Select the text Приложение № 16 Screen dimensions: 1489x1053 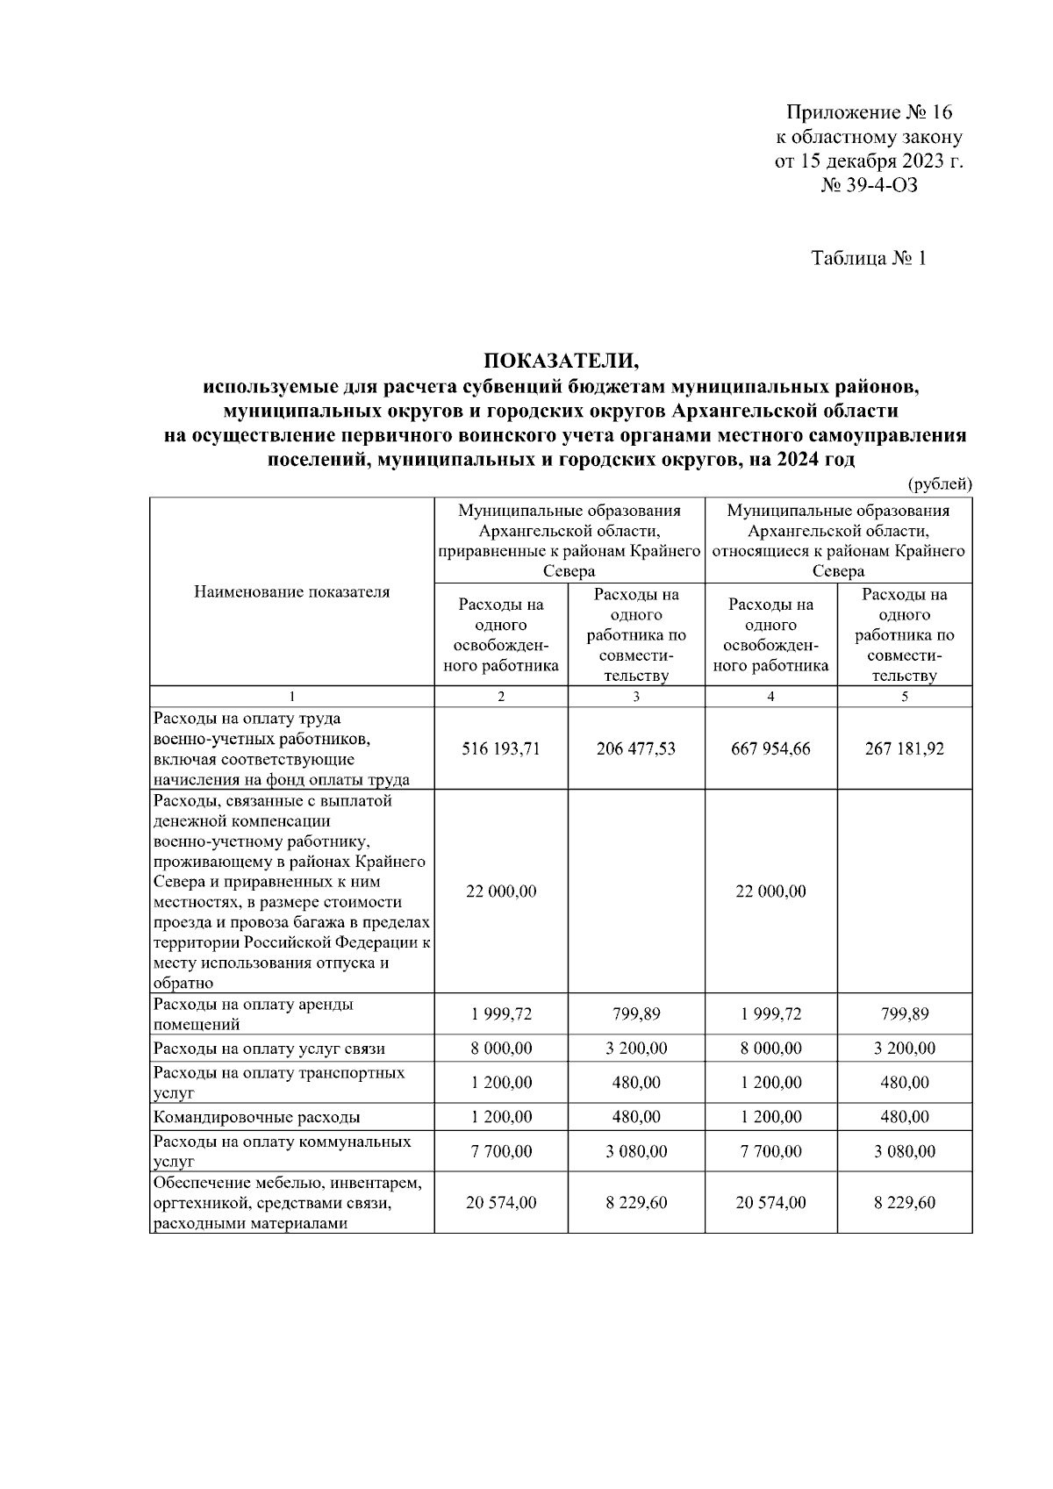869,113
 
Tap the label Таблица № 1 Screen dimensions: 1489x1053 869,259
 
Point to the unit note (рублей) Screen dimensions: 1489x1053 939,483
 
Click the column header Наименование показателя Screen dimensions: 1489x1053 291,591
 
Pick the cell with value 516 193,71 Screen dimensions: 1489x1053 501,748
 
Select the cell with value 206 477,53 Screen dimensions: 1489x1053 636,748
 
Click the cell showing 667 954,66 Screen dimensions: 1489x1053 770,748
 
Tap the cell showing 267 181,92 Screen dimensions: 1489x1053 905,748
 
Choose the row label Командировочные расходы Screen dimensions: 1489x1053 257,1118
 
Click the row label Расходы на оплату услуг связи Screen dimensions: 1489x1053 269,1049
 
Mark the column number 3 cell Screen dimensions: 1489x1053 636,697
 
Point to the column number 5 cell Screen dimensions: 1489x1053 905,697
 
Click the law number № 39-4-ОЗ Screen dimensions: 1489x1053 869,185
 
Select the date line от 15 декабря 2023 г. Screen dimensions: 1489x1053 869,161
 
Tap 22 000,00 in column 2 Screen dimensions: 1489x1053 501,891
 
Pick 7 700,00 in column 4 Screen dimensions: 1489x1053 770,1151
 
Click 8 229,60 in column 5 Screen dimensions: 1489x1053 905,1203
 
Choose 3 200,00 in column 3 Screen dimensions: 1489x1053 636,1049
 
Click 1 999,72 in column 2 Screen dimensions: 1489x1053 501,1014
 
